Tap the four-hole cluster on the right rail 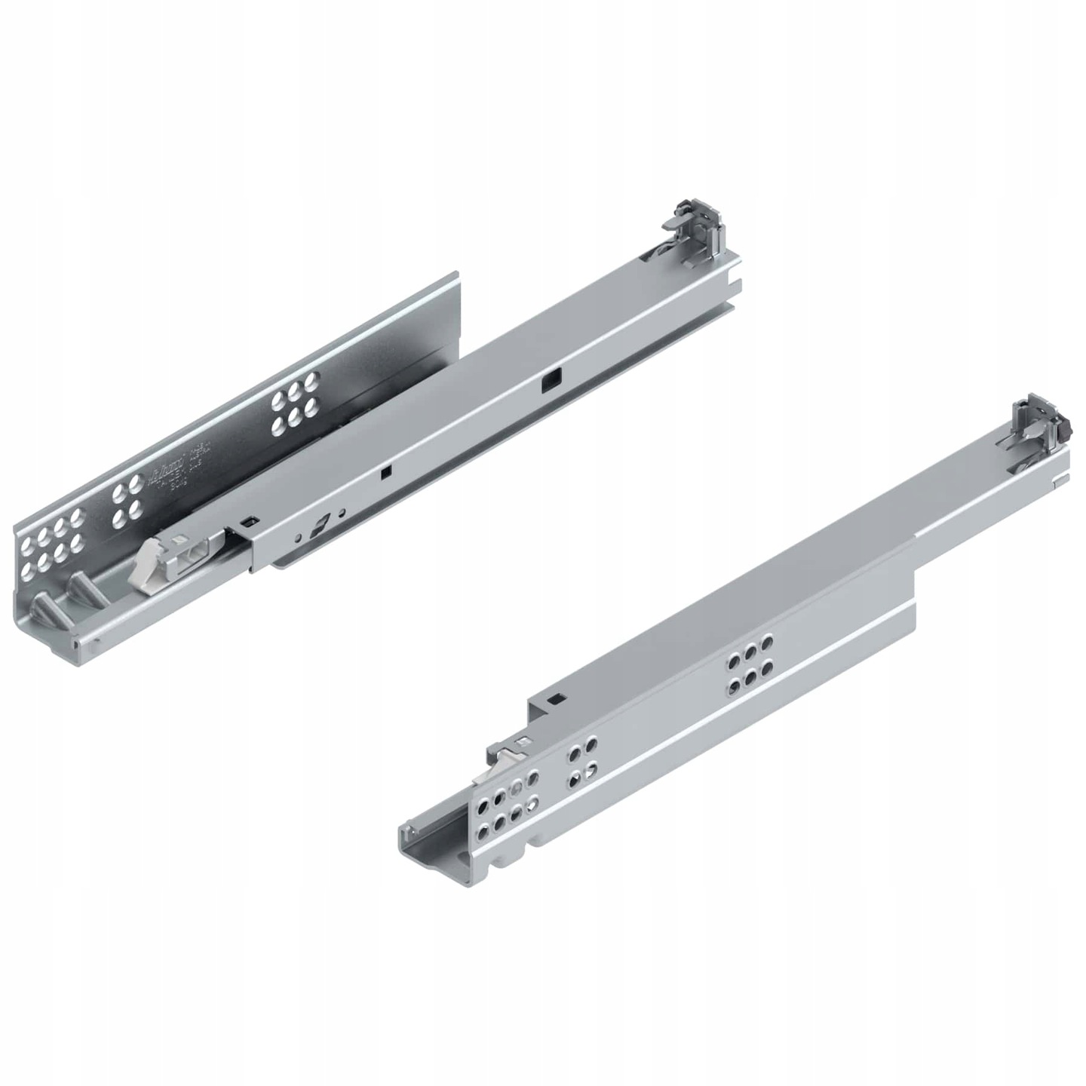581,763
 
